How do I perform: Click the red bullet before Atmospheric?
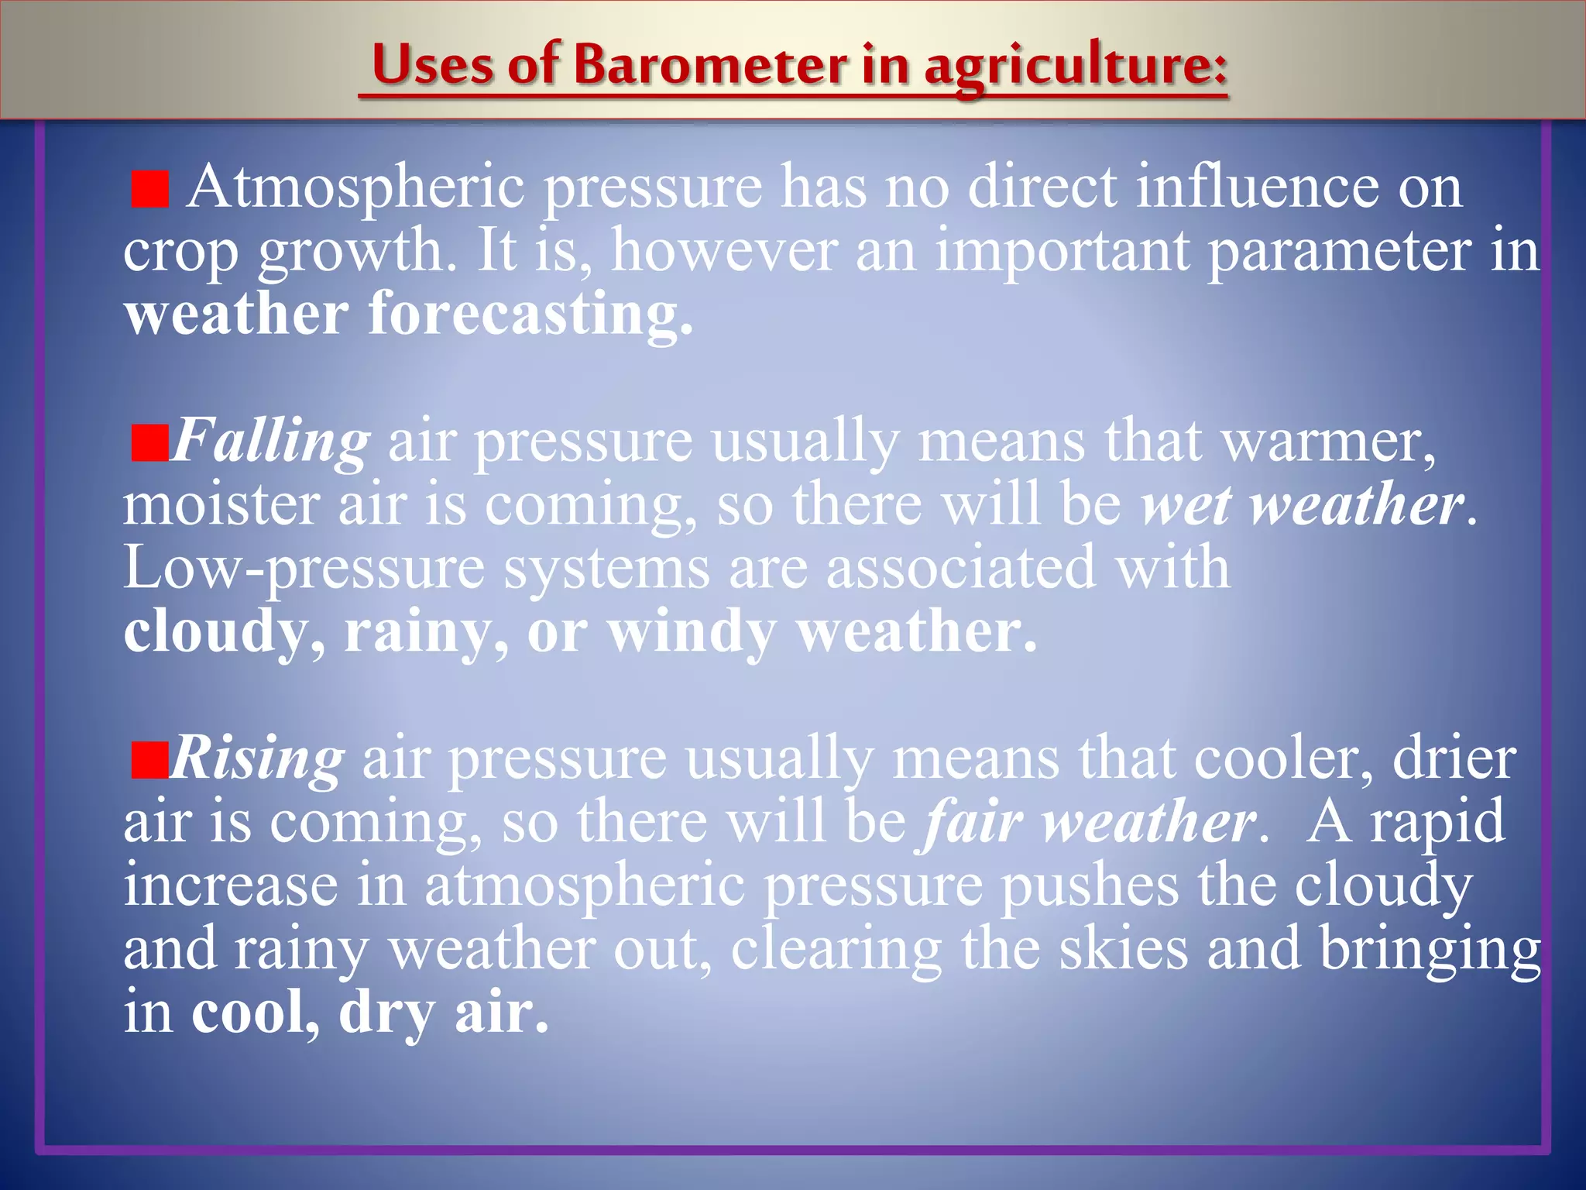pos(150,191)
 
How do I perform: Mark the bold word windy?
pos(692,632)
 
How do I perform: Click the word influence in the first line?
pos(1257,188)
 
